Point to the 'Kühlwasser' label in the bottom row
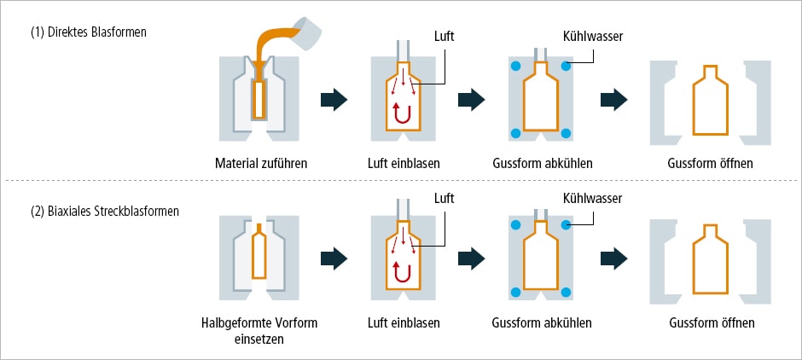coord(591,198)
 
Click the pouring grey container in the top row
coord(308,29)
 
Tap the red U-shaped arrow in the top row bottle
coord(399,112)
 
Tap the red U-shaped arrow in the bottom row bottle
coord(399,271)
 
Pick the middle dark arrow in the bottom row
coord(472,256)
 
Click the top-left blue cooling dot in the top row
coord(515,67)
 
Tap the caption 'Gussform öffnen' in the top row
coord(711,163)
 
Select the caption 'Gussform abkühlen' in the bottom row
coord(542,323)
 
